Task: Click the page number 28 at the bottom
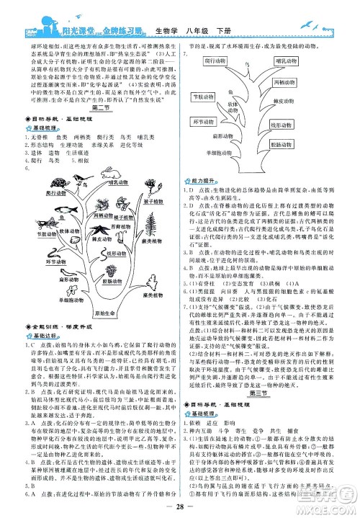[179, 507]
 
